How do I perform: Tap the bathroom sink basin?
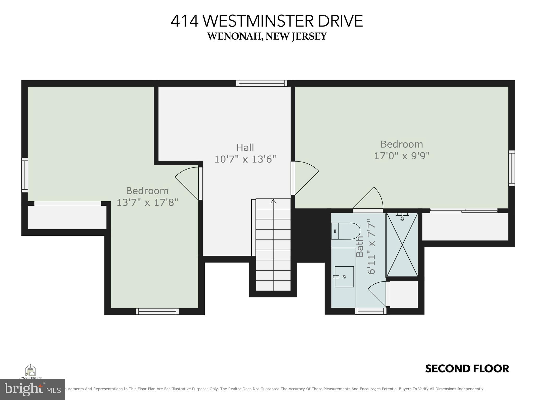[x=344, y=277]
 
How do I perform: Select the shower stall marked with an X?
[x=402, y=245]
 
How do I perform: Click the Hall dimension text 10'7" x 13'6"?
[x=245, y=159]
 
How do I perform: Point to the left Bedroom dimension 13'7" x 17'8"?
[x=147, y=202]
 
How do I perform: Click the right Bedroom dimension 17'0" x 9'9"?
[x=402, y=156]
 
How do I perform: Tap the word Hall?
[x=245, y=147]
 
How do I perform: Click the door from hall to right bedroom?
[x=305, y=178]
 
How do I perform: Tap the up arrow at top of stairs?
[x=273, y=201]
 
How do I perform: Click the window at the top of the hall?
[x=262, y=83]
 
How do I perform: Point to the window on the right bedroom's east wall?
[x=512, y=168]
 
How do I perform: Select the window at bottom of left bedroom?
[x=157, y=311]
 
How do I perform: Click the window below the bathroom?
[x=371, y=311]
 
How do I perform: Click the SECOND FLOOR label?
[x=467, y=369]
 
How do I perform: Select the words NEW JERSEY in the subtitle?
[x=296, y=36]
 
